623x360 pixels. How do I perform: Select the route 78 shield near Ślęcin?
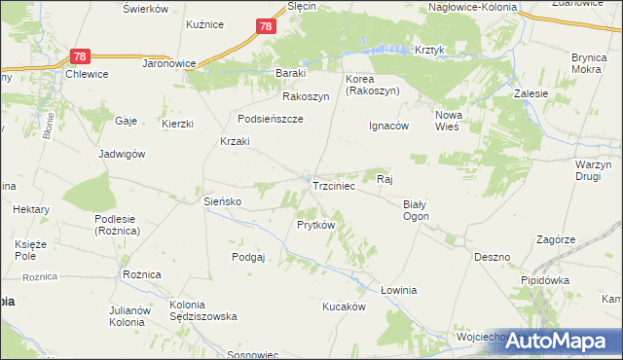[266, 27]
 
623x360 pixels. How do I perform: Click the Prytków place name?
[316, 225]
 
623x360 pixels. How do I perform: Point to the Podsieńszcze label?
[271, 119]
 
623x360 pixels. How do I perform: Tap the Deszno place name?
[493, 258]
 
